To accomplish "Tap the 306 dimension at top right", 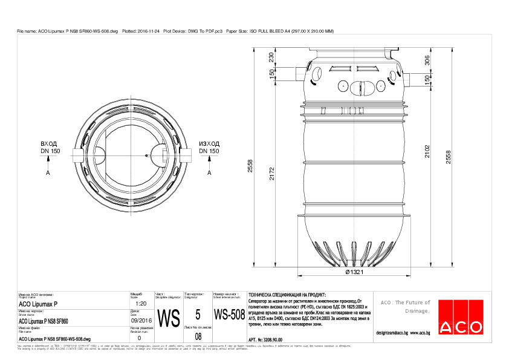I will coord(427,59).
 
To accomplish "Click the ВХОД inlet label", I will coord(49,145).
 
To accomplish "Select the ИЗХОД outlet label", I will coord(209,145).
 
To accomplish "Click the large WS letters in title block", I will coord(168,317).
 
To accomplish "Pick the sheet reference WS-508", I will coord(229,315).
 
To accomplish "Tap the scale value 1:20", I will coord(140,303).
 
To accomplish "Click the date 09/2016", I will coord(140,320).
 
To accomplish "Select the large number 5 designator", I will coord(198,315).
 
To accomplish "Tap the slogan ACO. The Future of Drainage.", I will coord(404,306).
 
